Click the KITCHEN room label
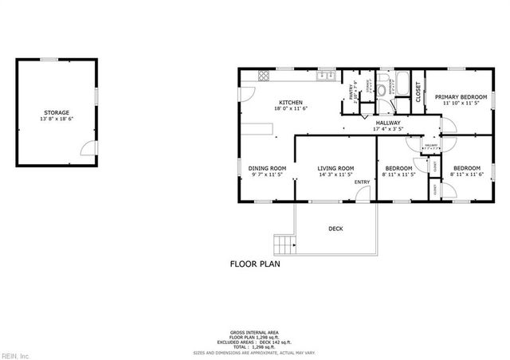[x=290, y=102]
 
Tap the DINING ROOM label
[x=267, y=168]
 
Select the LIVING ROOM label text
[x=335, y=168]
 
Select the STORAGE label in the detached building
[x=57, y=113]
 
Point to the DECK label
[x=335, y=229]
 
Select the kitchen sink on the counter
[x=324, y=76]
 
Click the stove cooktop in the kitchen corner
[x=264, y=76]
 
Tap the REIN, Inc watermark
[x=14, y=354]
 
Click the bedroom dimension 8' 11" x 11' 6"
[x=467, y=175]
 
